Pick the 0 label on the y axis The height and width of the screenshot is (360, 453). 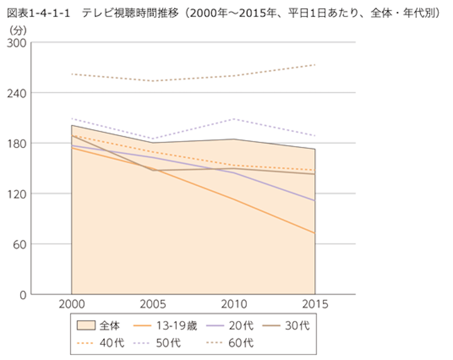click(23, 294)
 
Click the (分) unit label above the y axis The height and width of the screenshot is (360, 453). click(16, 29)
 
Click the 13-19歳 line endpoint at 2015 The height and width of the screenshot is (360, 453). click(314, 233)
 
